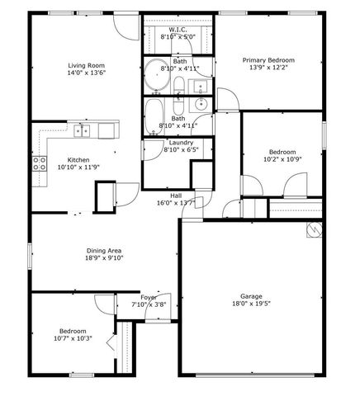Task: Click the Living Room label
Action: tap(87, 64)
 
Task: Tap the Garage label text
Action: tap(251, 295)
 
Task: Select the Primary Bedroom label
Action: tap(268, 60)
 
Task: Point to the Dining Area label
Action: tap(105, 250)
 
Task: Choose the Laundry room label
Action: tap(181, 142)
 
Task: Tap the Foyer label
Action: tap(149, 297)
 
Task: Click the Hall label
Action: tap(175, 195)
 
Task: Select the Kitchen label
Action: tap(78, 159)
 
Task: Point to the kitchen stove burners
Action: tap(38, 164)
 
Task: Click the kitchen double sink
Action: tap(82, 130)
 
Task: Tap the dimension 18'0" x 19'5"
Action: tap(251, 304)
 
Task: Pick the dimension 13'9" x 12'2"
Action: tap(268, 68)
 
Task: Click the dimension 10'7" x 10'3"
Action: tap(73, 337)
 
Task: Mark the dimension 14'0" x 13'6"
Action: tap(87, 72)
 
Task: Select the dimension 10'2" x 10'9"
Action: tap(282, 159)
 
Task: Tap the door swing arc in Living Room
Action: tap(124, 27)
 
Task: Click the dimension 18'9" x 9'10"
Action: tap(105, 257)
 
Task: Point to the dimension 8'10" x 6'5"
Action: tap(181, 150)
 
